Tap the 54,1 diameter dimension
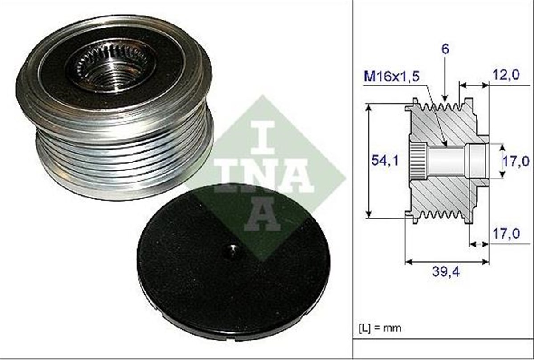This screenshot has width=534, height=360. coord(385,161)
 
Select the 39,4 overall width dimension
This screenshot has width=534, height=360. coord(446,271)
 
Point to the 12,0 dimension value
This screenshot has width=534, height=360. coord(506,75)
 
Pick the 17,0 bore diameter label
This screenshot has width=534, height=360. coord(516,162)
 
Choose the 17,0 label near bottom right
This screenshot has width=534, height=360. coord(506,234)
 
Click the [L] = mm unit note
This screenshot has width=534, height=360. coord(380,328)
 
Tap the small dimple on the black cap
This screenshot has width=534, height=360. coord(232,251)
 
